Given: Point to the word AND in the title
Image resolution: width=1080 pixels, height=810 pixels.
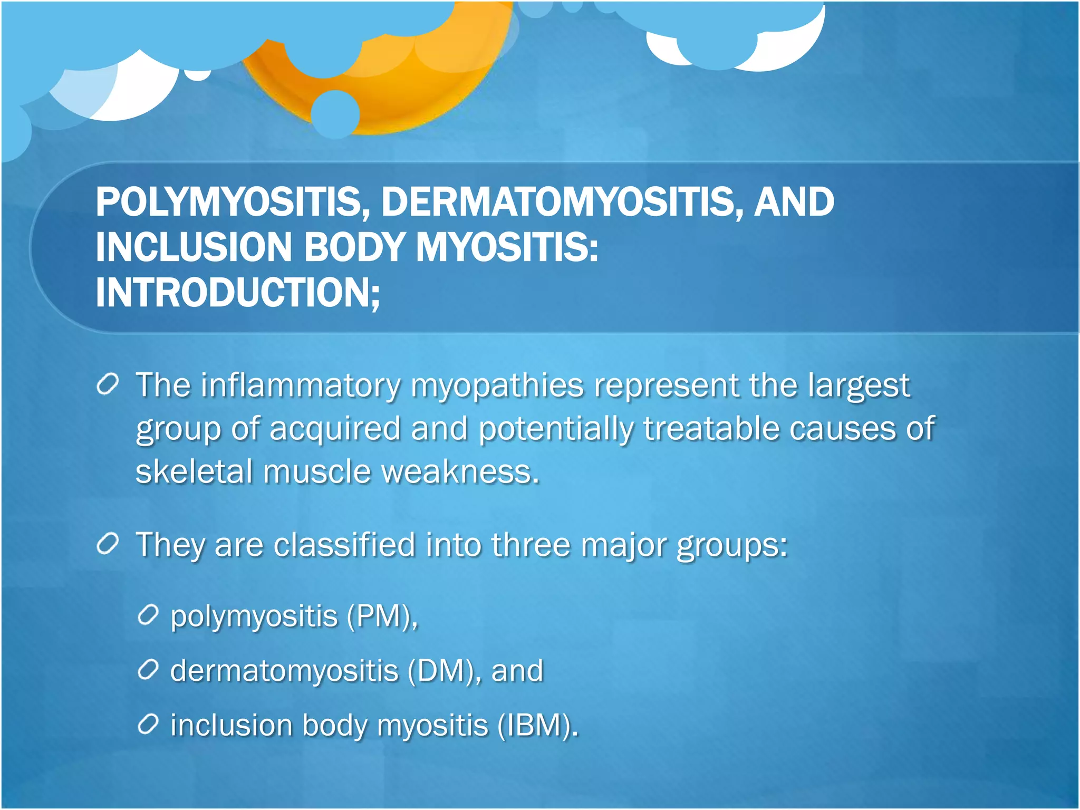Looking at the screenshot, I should point(794,202).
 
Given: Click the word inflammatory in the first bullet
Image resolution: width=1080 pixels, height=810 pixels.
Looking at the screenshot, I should point(300,386).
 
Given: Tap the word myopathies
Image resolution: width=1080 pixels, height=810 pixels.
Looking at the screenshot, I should point(497,386).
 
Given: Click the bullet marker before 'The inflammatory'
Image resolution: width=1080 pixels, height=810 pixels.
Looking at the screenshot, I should point(108,384).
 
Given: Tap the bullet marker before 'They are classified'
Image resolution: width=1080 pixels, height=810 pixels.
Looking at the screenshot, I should point(108,544).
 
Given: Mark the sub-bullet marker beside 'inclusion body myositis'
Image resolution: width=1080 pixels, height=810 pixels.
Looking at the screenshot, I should point(148,725).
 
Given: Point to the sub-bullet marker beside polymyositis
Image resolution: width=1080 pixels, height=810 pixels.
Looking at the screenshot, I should point(148,615).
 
